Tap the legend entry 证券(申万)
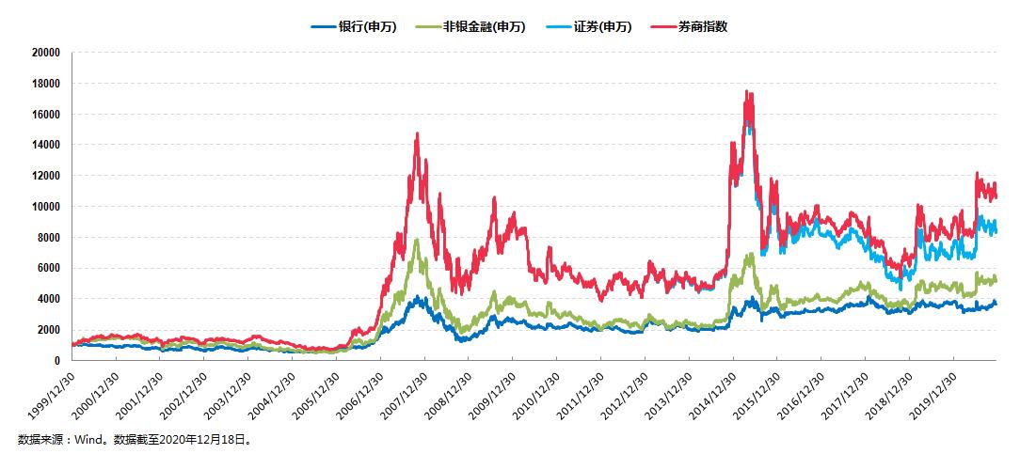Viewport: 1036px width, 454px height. (607, 26)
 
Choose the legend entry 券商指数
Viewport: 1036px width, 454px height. (702, 26)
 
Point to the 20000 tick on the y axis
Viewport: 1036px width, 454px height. (45, 53)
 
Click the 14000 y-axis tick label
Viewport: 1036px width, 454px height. (45, 145)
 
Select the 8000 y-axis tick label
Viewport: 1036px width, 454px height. (48, 237)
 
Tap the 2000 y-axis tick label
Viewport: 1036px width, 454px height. (48, 330)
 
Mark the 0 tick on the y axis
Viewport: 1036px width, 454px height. (57, 361)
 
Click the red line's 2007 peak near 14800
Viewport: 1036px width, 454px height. (417, 133)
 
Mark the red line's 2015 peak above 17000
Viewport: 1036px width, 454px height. (746, 91)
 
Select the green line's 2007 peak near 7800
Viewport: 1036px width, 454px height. (416, 241)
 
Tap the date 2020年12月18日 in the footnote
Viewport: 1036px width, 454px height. (214, 439)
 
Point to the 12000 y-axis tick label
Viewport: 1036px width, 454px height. (45, 176)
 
